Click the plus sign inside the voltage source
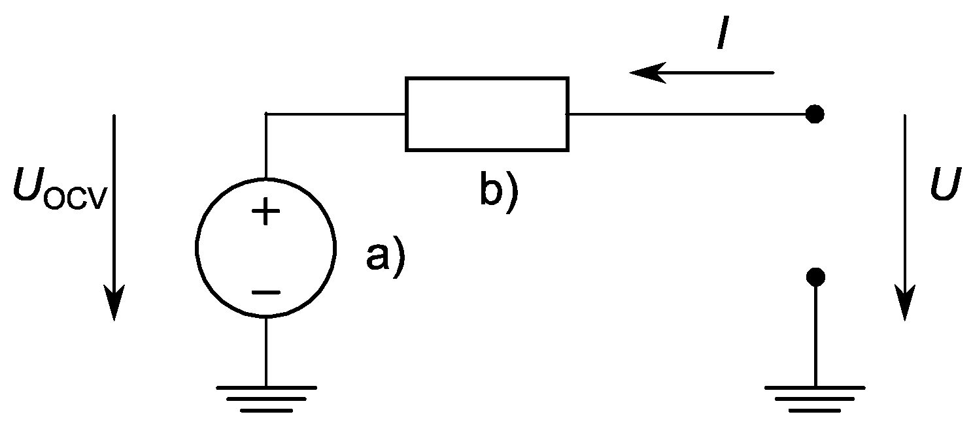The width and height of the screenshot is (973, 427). tap(265, 213)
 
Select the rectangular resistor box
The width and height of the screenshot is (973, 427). tap(486, 114)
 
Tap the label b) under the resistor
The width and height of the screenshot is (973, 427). tap(499, 189)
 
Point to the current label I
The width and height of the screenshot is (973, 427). tap(723, 36)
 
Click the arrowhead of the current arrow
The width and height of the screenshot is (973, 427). tap(644, 71)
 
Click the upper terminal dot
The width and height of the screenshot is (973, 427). tap(814, 115)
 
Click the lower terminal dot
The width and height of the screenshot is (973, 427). tap(815, 277)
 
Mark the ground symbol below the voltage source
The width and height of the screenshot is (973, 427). tap(266, 398)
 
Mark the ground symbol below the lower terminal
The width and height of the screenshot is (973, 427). tap(815, 398)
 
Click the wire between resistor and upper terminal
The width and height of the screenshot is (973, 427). tap(687, 115)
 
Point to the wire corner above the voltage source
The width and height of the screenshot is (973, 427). tap(266, 115)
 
